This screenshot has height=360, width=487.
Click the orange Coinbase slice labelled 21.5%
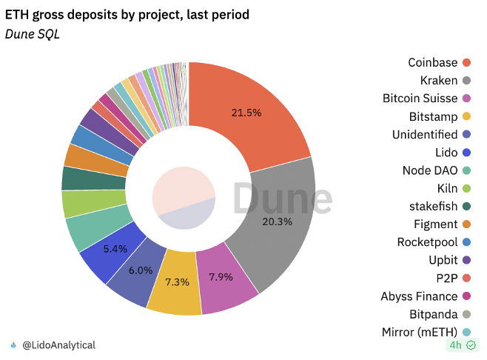coord(248,113)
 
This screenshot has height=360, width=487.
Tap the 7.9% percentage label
coord(219,277)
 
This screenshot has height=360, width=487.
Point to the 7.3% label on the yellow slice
coord(177,282)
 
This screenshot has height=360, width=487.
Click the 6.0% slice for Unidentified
coord(140,271)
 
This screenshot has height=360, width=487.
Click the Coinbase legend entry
coord(433,63)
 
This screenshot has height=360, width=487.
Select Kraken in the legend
coord(439,80)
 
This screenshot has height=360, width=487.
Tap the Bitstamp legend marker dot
coord(466,116)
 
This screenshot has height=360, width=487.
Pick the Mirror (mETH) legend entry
coord(418,332)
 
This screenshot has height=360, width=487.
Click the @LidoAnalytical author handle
coord(58,345)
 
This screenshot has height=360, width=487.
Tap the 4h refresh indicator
coord(463,345)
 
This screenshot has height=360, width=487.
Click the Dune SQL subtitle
coord(32,34)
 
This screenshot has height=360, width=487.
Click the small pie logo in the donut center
coord(184,198)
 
